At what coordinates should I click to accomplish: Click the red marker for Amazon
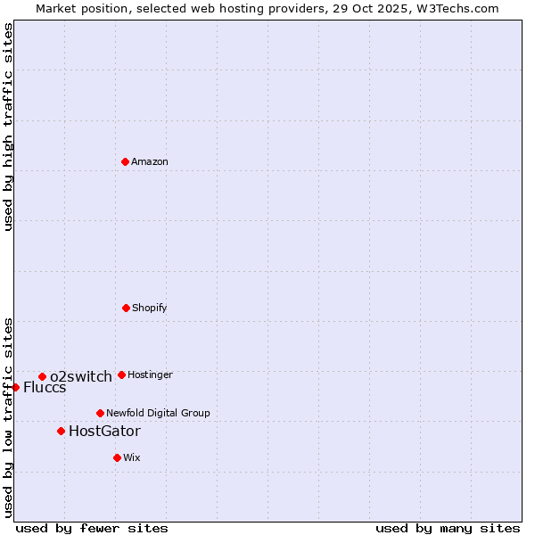pos(125,161)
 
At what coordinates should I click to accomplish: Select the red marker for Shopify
pos(126,308)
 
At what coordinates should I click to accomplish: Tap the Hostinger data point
pos(121,374)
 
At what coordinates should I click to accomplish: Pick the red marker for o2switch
pos(42,376)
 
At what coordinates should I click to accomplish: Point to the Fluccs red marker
pos(15,387)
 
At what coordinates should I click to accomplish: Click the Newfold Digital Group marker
pos(100,413)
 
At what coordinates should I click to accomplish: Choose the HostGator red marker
pos(61,431)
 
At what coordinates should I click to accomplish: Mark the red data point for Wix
pos(117,457)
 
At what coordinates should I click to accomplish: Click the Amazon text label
pos(150,161)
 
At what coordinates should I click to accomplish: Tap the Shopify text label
pos(150,308)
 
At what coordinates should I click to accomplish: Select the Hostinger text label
pos(150,374)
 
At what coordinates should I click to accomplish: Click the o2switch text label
pos(81,376)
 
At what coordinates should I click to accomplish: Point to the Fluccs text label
pos(45,387)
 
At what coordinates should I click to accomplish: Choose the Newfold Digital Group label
pos(158,413)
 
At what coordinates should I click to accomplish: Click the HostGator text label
pos(104,431)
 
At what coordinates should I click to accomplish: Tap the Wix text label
pos(132,457)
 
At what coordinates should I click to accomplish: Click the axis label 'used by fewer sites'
pos(92,528)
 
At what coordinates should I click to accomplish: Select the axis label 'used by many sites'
pos(448,528)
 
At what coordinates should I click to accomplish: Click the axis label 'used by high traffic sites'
pos(8,127)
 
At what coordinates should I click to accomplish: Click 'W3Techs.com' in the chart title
pos(454,8)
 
